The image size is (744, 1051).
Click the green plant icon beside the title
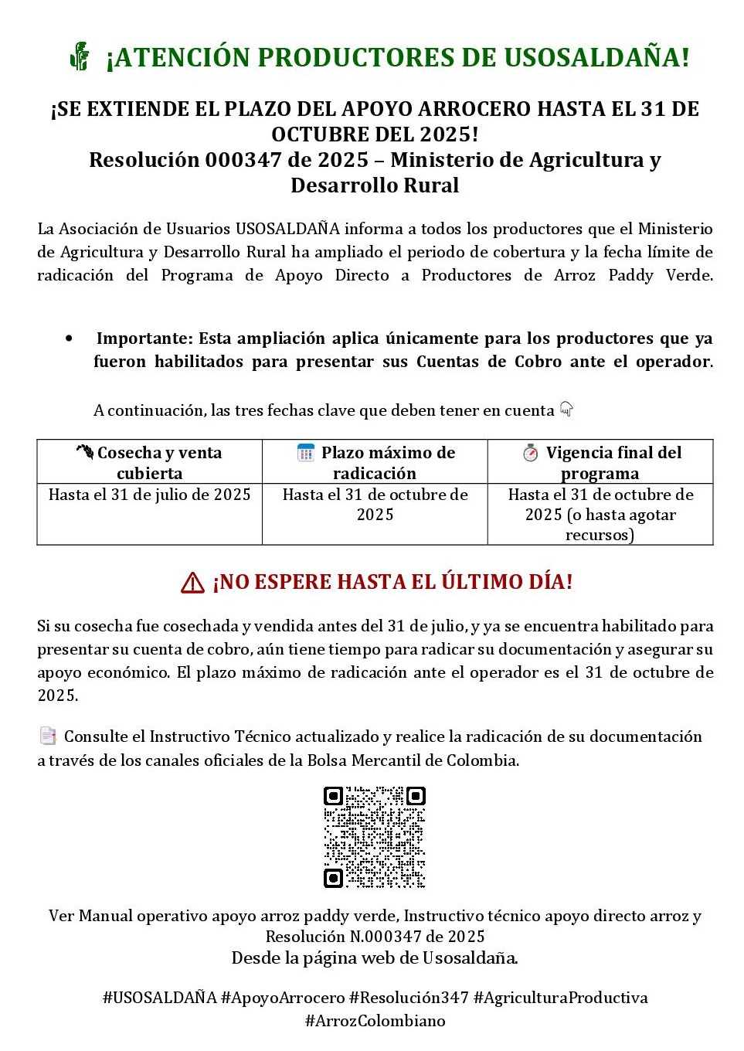point(80,56)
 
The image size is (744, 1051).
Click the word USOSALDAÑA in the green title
point(596,57)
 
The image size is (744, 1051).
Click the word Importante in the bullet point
point(144,338)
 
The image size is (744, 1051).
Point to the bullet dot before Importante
point(70,338)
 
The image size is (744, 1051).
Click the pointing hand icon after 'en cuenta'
point(566,409)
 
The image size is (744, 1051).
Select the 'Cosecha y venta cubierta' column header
point(150,462)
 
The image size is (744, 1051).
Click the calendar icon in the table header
point(306,453)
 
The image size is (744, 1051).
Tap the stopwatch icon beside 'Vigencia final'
point(530,453)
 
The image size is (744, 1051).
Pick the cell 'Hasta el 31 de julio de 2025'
point(150,495)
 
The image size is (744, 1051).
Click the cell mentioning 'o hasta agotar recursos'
point(600,515)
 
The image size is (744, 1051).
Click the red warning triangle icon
point(192,583)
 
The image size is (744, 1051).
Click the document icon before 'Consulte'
point(48,736)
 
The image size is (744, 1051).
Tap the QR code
point(375,837)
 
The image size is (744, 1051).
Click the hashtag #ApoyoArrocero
point(282,998)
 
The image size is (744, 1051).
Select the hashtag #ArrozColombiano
point(375,1021)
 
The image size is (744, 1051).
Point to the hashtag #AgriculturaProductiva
point(560,998)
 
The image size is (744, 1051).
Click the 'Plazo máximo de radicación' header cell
point(375,462)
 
